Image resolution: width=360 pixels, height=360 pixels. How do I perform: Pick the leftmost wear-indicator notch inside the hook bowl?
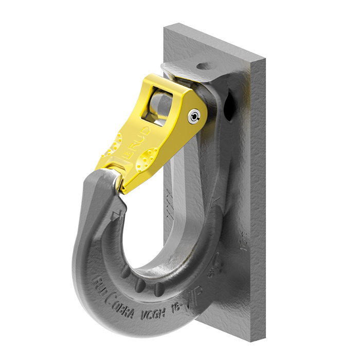pos(125,273)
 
